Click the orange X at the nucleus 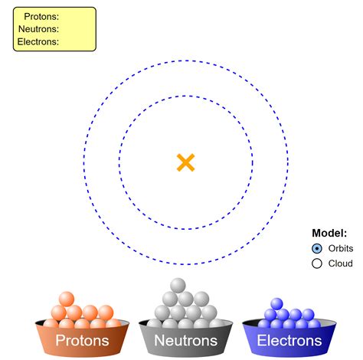pos(185,162)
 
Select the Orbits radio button pos(317,249)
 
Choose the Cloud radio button pos(317,263)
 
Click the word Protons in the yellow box pos(41,16)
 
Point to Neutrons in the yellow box pos(38,29)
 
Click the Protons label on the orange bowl pos(83,341)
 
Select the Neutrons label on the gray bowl pos(186,341)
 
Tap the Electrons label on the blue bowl pos(289,341)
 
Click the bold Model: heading pos(329,234)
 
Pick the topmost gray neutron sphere pos(178,285)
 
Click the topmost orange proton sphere pos(67,299)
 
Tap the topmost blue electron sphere pos(276,304)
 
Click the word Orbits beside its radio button pos(341,249)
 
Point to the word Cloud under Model pos(341,263)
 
